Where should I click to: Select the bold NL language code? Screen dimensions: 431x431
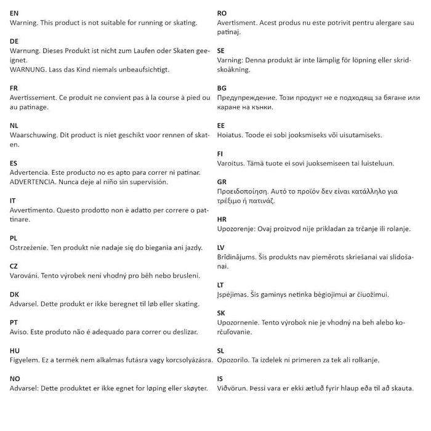(x=14, y=124)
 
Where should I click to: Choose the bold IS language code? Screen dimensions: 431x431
(x=222, y=378)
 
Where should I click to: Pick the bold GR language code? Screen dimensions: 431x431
(x=222, y=182)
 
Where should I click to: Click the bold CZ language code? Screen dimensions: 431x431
(x=14, y=265)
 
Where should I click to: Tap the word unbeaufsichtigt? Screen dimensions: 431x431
(x=140, y=70)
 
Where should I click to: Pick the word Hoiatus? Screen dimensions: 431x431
(x=233, y=134)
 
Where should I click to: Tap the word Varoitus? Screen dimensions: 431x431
(x=234, y=163)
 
